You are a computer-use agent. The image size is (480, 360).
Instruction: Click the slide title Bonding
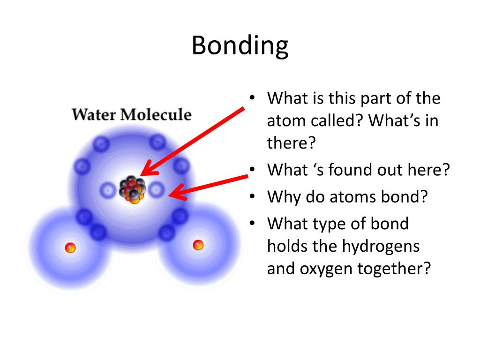240,46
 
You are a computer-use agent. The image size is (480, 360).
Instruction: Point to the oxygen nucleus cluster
132,190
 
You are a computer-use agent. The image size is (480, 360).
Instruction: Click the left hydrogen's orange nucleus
70,247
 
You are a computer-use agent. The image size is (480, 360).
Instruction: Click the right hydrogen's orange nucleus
198,245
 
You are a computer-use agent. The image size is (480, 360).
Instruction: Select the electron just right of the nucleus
157,190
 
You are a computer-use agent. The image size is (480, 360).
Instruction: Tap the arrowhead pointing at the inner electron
174,194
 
